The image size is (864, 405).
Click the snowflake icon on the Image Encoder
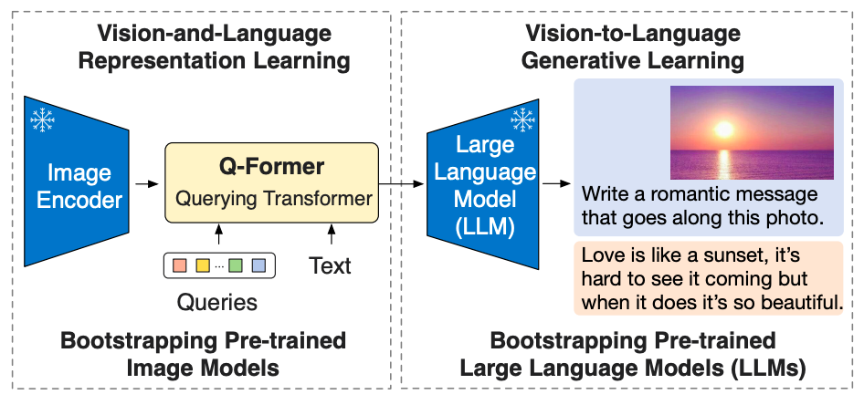(x=42, y=119)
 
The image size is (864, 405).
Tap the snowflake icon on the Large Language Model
(x=522, y=119)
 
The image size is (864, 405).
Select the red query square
(x=180, y=266)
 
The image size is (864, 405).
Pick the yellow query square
(x=203, y=266)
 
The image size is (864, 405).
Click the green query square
(x=236, y=266)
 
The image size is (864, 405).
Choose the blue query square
(x=258, y=266)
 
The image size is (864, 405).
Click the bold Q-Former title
(x=271, y=168)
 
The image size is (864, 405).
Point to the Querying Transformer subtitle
(x=273, y=198)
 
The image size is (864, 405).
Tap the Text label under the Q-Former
(x=330, y=265)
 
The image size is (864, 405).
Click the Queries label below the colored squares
(x=217, y=301)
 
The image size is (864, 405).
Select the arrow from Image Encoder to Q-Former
(x=146, y=183)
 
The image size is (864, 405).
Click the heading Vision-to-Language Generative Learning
(x=633, y=48)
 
